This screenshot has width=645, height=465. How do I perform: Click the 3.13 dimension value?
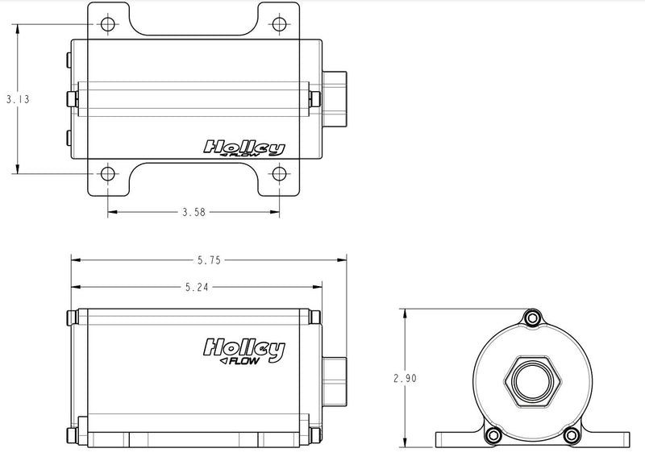click(18, 99)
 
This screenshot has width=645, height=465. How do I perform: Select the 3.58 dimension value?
click(193, 212)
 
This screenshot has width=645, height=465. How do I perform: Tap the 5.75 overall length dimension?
click(209, 260)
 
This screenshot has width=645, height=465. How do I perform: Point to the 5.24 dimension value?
click(197, 287)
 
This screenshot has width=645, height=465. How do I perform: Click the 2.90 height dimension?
click(406, 378)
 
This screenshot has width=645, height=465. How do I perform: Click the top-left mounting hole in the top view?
click(108, 24)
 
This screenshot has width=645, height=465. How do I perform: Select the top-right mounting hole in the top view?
click(279, 24)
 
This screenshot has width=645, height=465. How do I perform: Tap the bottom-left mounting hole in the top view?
click(108, 174)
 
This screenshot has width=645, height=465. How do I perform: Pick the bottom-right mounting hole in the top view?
click(279, 174)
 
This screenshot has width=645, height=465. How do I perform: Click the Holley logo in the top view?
click(244, 149)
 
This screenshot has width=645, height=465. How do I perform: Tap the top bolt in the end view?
click(533, 318)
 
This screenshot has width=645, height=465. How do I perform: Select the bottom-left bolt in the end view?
click(493, 435)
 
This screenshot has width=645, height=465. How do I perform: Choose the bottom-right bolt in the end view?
click(571, 435)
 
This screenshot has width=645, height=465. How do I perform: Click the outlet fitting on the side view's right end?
click(334, 381)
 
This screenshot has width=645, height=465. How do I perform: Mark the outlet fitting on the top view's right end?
click(335, 98)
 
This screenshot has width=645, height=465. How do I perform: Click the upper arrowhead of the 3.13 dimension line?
click(18, 29)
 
